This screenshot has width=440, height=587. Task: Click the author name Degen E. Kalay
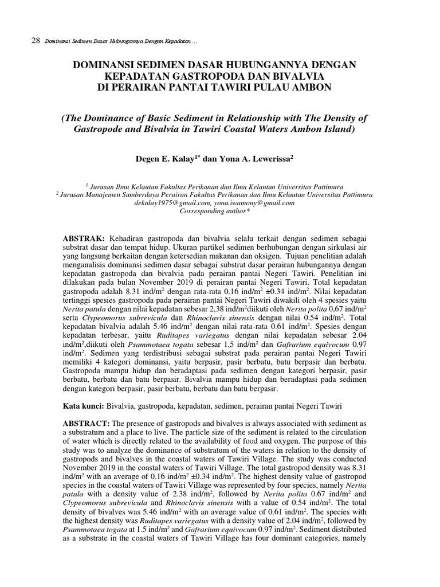[167, 158]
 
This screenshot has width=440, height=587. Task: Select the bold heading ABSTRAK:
[84, 238]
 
